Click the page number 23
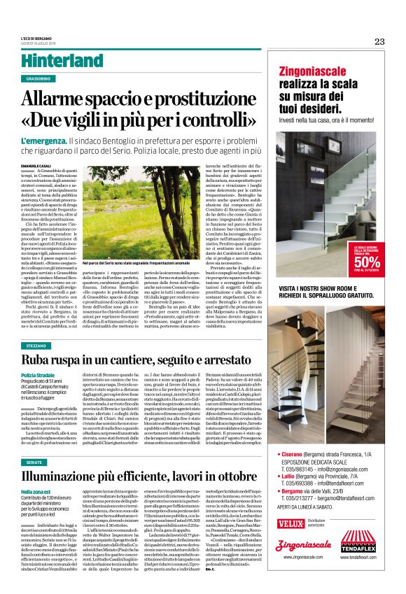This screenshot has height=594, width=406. tap(379, 41)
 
